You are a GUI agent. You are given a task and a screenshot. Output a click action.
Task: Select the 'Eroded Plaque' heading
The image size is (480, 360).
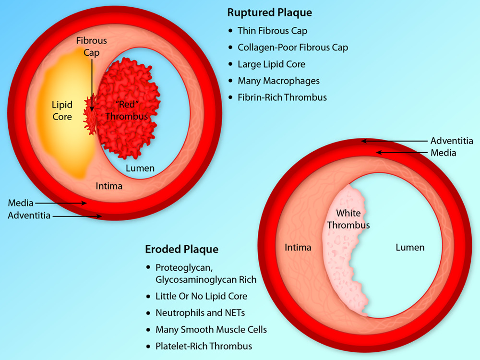click(182, 250)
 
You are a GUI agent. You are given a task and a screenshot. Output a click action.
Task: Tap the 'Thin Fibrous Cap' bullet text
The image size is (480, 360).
click(272, 31)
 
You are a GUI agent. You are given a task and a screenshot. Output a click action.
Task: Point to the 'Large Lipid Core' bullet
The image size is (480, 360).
click(271, 64)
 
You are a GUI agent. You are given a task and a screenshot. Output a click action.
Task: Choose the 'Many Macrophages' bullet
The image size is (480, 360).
click(278, 81)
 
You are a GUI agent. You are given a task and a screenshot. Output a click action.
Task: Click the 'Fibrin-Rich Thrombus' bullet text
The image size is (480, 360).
click(282, 97)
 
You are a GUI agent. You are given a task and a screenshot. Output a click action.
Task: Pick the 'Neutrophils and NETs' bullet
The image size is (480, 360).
click(200, 313)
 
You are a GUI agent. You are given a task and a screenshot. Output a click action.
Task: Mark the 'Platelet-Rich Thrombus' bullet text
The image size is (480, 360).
click(204, 346)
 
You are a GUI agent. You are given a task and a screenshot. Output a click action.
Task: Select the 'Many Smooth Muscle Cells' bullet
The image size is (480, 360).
click(211, 329)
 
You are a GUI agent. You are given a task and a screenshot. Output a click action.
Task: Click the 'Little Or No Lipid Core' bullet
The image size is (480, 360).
click(202, 296)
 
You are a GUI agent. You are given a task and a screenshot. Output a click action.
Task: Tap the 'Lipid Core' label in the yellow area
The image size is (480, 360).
click(62, 110)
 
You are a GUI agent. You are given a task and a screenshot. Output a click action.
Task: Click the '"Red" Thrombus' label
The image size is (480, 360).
click(127, 110)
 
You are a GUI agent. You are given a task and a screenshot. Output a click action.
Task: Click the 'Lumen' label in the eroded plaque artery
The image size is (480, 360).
click(410, 248)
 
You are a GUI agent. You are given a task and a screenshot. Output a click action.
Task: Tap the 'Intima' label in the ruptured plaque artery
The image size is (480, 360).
click(109, 186)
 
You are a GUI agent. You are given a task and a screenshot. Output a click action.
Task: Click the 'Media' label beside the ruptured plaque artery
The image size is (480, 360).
click(21, 204)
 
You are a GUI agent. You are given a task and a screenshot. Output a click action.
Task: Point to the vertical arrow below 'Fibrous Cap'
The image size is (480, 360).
click(92, 86)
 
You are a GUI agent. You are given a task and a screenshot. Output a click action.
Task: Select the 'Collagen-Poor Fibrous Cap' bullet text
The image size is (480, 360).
click(293, 48)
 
